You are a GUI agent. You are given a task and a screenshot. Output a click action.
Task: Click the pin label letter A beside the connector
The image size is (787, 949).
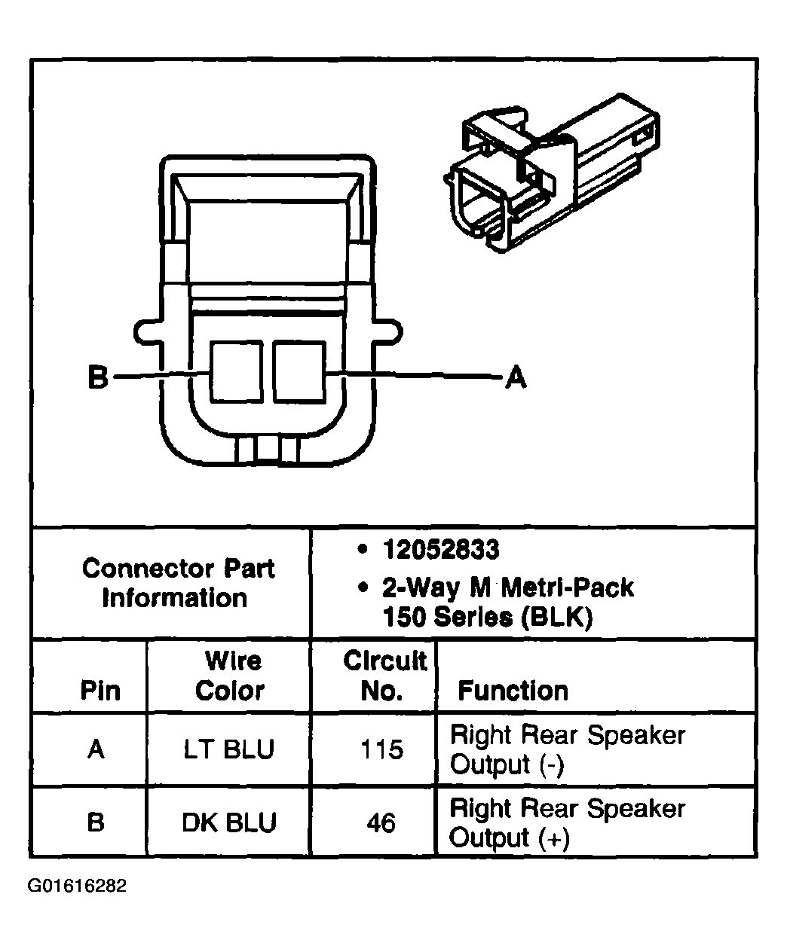coord(515,376)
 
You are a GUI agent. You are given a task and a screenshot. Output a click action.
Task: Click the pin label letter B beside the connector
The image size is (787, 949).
coord(98,376)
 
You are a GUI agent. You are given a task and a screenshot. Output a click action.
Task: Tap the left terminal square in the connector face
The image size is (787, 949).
coord(236,371)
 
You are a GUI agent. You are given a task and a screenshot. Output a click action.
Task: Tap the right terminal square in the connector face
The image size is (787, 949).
coord(299,371)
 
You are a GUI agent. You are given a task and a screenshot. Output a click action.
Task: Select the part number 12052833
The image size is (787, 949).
coord(440,551)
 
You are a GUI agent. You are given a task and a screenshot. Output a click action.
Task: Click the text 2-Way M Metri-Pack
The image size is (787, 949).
coord(507,587)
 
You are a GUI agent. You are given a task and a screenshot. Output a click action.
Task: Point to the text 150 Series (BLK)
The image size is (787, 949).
coord(487,617)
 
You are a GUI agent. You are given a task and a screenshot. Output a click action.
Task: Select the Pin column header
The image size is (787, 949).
coord(100,691)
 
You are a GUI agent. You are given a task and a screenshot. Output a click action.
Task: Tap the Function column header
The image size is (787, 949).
coord(513,691)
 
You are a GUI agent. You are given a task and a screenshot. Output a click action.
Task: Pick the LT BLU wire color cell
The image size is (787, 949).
coord(229,749)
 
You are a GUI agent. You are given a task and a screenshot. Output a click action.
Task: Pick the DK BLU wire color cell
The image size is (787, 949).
coord(229,822)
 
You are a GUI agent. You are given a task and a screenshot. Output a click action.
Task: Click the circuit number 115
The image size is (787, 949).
coord(381,749)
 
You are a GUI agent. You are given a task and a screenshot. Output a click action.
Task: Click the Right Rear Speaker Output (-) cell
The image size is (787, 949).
coord(567,749)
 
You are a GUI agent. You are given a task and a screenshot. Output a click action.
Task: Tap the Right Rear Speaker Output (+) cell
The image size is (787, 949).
coord(567,822)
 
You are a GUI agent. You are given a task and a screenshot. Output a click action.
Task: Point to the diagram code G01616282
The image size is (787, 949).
coord(77,886)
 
